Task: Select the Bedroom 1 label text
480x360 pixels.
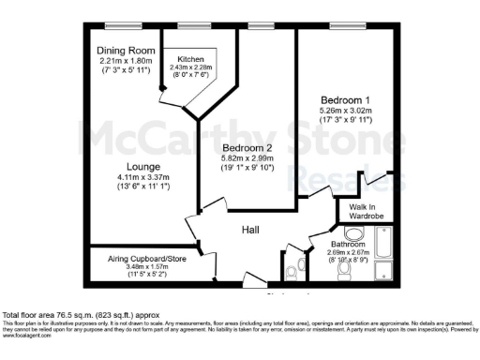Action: tap(338, 98)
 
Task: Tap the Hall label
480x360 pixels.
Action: tap(250, 229)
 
